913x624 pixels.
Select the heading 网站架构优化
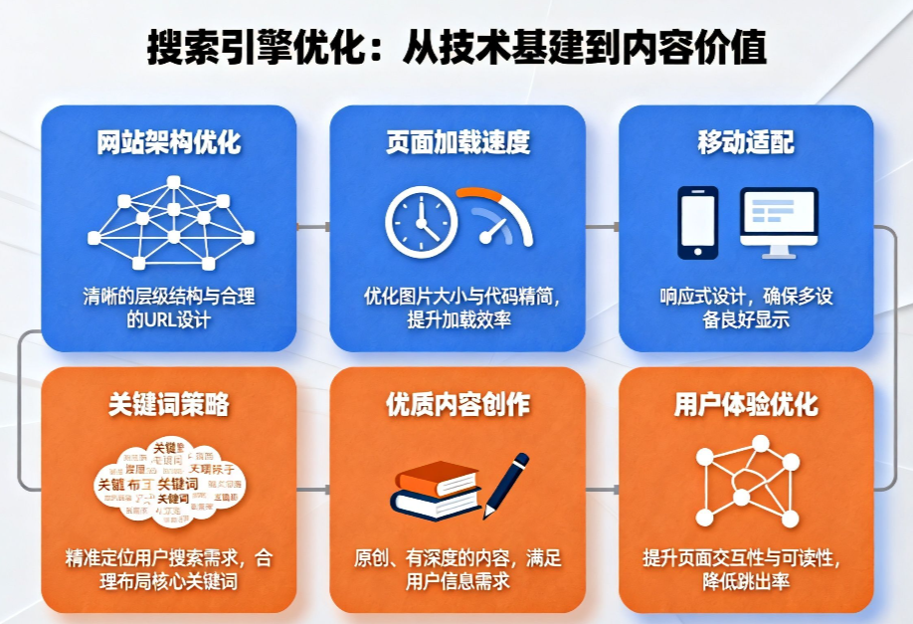169,141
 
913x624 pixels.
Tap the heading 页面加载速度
458,141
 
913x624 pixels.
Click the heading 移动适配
746,141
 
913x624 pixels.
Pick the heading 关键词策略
169,404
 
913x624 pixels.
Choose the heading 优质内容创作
458,404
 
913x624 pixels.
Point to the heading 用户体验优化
746,404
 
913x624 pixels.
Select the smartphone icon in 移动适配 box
697,221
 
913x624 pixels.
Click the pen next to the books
507,483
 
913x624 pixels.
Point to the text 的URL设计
168,320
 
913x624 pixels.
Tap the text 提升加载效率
458,320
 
